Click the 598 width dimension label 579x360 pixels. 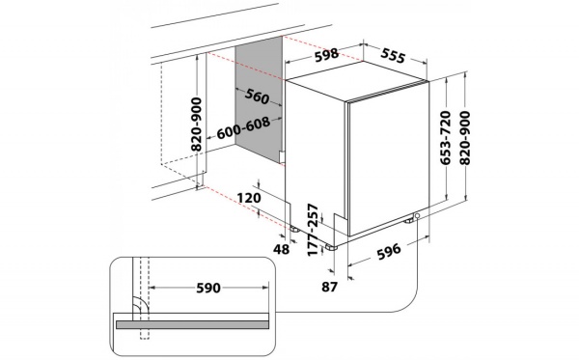coord(326,55)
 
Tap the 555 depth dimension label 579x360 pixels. coord(394,55)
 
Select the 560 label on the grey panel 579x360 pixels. coord(257,96)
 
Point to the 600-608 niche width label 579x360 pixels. coord(243,128)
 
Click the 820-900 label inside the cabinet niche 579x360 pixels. coord(197,125)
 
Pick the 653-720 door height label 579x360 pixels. coord(446,137)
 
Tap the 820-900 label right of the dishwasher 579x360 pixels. coord(466,137)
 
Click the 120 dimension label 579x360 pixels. coord(249,198)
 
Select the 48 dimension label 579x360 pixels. coord(282,249)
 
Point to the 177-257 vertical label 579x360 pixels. coord(313,230)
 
